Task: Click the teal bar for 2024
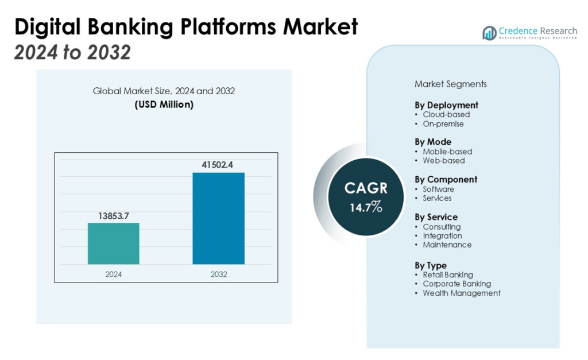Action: click(x=113, y=243)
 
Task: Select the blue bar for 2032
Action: click(x=218, y=218)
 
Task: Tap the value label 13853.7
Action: click(x=113, y=215)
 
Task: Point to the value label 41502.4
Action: click(x=218, y=165)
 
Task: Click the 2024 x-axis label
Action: click(x=113, y=274)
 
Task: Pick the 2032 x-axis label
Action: click(x=218, y=274)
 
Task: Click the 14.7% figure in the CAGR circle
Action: click(x=366, y=207)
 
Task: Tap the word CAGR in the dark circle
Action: click(x=366, y=188)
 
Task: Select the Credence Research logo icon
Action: click(x=489, y=33)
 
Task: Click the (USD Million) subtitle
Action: click(x=164, y=104)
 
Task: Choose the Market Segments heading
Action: click(x=450, y=84)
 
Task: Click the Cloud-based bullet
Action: click(x=446, y=114)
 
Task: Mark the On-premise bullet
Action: click(x=443, y=123)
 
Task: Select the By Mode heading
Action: click(x=433, y=142)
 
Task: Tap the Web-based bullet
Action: click(x=444, y=160)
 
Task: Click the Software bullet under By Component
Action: click(x=438, y=189)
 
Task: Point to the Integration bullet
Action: click(x=442, y=235)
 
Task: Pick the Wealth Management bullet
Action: click(x=462, y=293)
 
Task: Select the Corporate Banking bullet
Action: click(x=457, y=284)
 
